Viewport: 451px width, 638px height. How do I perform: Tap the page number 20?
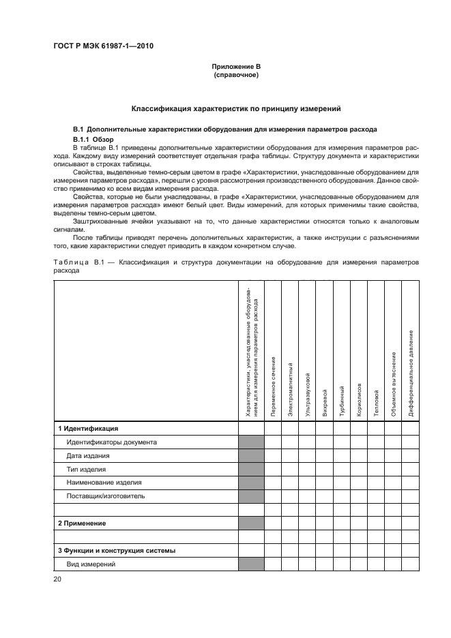(x=57, y=579)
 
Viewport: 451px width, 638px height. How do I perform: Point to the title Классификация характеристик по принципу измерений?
(x=236, y=108)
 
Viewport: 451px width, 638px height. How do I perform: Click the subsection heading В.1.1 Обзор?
(x=93, y=139)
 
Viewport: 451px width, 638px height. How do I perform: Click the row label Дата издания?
(x=87, y=456)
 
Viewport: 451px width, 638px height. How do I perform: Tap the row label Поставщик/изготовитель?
(x=105, y=496)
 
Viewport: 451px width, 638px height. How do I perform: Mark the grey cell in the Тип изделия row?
(x=251, y=470)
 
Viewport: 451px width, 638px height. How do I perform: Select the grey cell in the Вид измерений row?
(x=251, y=564)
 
